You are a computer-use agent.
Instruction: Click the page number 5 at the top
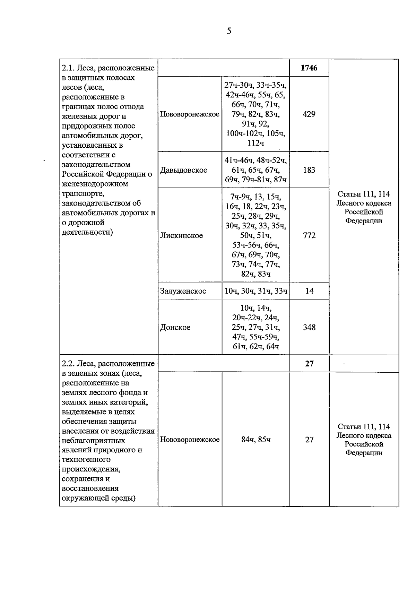coord(229,32)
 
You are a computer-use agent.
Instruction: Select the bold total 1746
coord(309,68)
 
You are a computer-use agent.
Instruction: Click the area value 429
coord(309,114)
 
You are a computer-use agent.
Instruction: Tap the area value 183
coord(309,170)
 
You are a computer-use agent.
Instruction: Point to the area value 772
coord(309,235)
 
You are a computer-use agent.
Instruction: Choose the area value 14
coord(309,291)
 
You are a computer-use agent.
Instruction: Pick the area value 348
coord(309,327)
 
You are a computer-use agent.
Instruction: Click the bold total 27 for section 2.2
coord(309,364)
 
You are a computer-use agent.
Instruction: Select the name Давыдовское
coord(184,170)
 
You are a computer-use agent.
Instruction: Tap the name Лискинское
coord(182,236)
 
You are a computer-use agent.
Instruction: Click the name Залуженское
coord(183,291)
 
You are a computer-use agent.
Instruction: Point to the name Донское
coord(175,328)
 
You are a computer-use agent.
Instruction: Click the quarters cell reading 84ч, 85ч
coord(256,440)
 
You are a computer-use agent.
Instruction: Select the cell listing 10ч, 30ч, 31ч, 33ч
coord(256,291)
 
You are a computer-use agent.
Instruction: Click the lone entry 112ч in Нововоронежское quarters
coord(256,143)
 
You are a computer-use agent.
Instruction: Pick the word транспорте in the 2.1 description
coord(82,193)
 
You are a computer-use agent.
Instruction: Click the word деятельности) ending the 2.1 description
coord(87,232)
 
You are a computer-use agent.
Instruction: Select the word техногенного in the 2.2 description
coord(86,460)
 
